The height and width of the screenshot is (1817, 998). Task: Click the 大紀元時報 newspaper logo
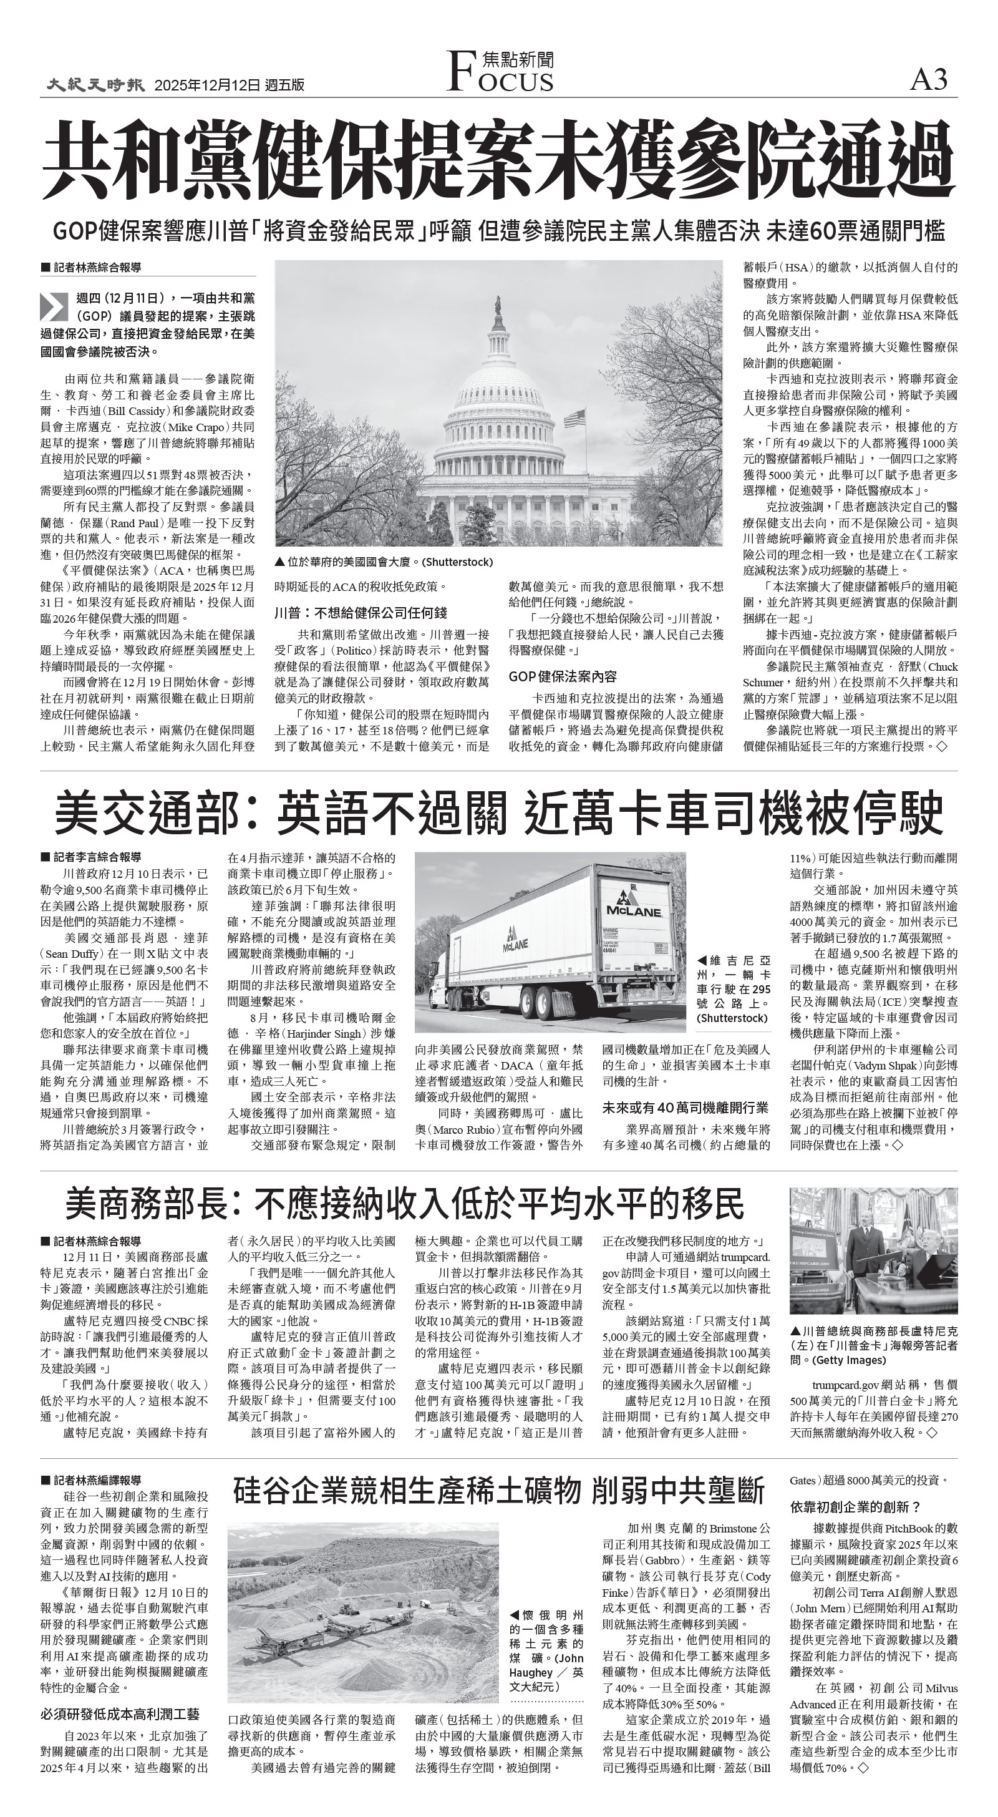(x=96, y=85)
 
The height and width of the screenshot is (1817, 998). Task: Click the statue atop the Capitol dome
(x=498, y=305)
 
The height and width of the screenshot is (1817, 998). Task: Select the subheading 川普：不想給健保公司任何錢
(x=361, y=613)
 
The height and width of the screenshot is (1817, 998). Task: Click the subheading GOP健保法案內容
(x=563, y=676)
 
